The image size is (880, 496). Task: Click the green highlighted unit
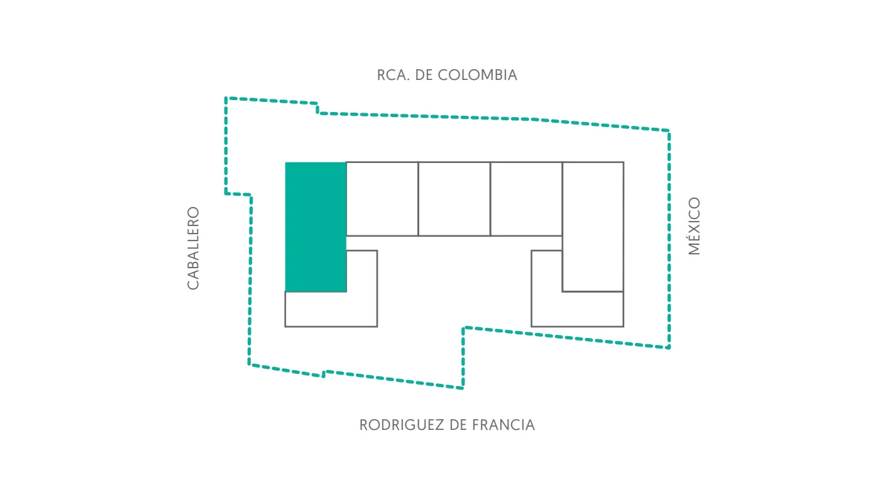(316, 227)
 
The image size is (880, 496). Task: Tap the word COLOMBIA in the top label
(477, 75)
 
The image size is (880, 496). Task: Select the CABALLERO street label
(193, 248)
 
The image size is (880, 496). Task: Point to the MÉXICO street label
(694, 226)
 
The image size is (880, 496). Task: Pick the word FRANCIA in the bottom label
(503, 426)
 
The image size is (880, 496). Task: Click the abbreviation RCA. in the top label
(393, 75)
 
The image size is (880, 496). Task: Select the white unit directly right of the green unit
(382, 199)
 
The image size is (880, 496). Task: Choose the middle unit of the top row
(454, 199)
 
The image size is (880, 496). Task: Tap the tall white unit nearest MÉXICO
(593, 227)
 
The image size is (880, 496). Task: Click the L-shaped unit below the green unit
(331, 309)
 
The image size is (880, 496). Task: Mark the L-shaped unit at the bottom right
(577, 309)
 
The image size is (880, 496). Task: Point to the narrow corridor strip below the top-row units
(454, 243)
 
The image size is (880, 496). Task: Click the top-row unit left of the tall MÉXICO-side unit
(527, 199)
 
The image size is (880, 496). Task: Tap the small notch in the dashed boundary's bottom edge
(324, 373)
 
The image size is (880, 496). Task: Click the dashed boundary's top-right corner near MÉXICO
(669, 130)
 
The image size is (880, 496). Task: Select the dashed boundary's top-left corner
(226, 98)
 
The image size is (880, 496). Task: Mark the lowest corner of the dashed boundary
(463, 388)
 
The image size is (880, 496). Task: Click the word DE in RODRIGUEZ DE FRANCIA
(458, 426)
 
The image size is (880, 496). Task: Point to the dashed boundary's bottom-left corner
(249, 364)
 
